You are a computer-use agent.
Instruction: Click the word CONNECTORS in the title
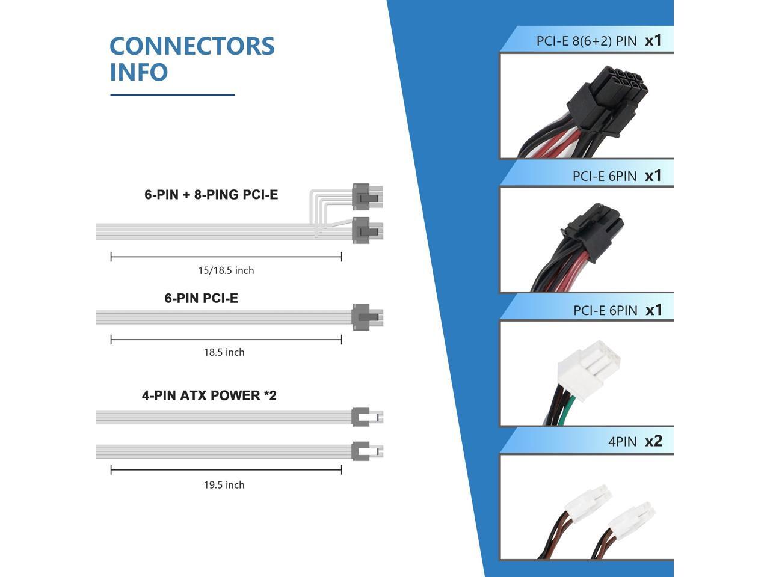192,46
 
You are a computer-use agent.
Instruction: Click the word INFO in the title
138,72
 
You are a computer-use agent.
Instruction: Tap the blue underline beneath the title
172,94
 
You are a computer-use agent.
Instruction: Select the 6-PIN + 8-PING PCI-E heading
211,195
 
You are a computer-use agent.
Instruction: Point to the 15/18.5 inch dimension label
226,270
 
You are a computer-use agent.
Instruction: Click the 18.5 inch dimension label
224,352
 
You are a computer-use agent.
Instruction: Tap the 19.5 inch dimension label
224,485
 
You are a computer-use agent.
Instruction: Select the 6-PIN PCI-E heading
202,298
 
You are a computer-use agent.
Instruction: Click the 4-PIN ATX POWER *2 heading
209,395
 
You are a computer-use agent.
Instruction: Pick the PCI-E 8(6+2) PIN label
586,41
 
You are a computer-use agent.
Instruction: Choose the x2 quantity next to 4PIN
653,441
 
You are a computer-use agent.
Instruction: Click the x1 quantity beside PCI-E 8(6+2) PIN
653,41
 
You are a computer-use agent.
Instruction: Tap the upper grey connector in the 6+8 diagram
361,196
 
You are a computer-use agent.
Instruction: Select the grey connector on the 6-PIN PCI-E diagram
360,317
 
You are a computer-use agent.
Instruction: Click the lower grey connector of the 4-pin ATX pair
360,450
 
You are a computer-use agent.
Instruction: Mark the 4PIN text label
622,442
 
